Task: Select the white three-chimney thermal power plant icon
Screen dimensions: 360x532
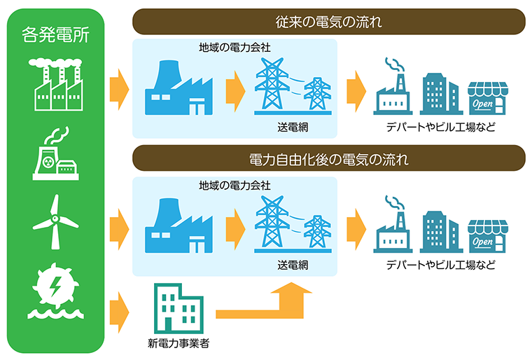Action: [x=56, y=85]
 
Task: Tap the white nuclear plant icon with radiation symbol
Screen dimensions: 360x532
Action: [x=56, y=155]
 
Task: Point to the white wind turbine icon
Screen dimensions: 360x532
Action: [x=56, y=221]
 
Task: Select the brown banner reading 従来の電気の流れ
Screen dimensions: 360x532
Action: [x=329, y=22]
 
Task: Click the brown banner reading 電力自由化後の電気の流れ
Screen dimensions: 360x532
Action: [x=329, y=159]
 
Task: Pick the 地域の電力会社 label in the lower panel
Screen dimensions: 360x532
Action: [x=235, y=186]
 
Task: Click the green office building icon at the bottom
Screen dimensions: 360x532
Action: [x=179, y=309]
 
